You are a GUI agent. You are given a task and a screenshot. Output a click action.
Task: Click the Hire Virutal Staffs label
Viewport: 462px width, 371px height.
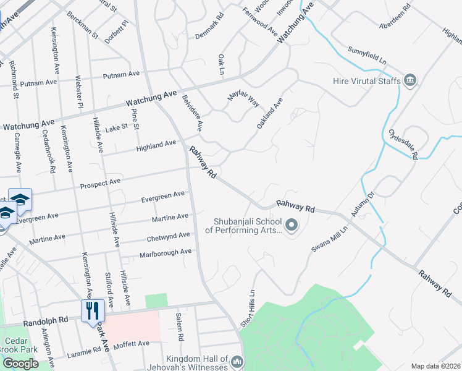367,81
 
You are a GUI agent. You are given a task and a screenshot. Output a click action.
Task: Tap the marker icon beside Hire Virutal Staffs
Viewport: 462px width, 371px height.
410,80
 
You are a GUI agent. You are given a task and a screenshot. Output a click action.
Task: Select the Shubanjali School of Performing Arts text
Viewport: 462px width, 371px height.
246,226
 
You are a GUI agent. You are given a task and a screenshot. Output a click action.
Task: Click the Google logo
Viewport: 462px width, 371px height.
20,364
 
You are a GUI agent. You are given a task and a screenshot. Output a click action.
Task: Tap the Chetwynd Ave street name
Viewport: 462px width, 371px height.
168,237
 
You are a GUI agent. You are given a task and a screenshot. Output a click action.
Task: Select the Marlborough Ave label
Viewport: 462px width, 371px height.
165,254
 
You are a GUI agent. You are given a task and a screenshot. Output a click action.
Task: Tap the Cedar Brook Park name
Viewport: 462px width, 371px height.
21,345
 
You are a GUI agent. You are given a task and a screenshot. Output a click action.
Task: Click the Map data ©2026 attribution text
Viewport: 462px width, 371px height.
435,366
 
